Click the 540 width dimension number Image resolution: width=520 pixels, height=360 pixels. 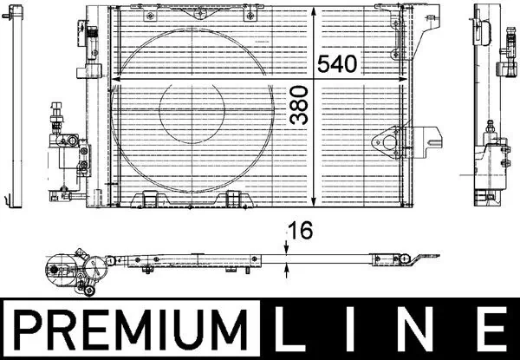pyautogui.click(x=337, y=64)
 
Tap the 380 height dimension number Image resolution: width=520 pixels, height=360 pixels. pyautogui.click(x=298, y=105)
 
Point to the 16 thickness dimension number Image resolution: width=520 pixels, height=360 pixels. pyautogui.click(x=301, y=231)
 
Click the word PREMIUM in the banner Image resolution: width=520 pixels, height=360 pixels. pyautogui.click(x=131, y=330)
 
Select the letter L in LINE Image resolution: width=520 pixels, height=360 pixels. pyautogui.click(x=289, y=329)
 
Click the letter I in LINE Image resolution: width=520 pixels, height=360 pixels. pyautogui.click(x=351, y=329)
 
